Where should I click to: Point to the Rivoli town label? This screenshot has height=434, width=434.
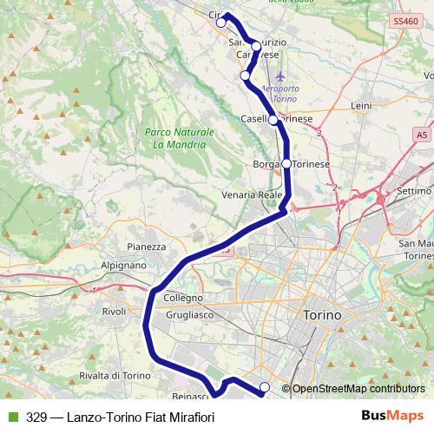(x=115, y=311)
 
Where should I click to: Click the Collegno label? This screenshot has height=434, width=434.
(x=182, y=298)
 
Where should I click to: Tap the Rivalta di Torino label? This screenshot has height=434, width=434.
(x=108, y=375)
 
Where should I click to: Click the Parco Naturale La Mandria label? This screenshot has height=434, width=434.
(x=178, y=139)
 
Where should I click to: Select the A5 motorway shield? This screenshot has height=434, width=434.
(x=422, y=135)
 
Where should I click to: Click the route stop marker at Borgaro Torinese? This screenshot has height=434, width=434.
(x=286, y=163)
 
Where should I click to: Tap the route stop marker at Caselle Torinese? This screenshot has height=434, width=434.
(x=273, y=120)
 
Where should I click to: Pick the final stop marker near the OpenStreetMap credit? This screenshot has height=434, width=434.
(x=265, y=387)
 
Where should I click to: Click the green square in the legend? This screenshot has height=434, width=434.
(x=13, y=417)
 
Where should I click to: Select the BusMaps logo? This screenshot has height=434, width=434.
(x=393, y=416)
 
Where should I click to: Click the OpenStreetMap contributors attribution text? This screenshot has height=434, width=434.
(x=358, y=389)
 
